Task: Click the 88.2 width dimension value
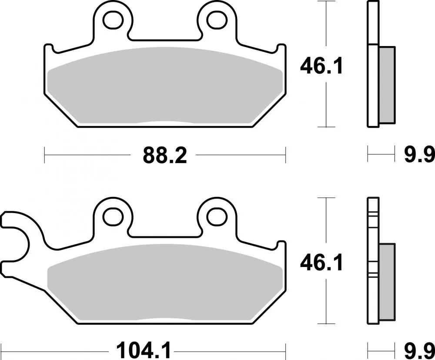click(165, 155)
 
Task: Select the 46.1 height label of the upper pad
click(321, 66)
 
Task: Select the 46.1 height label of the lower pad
click(321, 263)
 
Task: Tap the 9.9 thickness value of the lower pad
click(419, 349)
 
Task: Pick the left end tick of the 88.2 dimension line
click(45, 155)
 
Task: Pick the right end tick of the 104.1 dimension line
click(286, 349)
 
